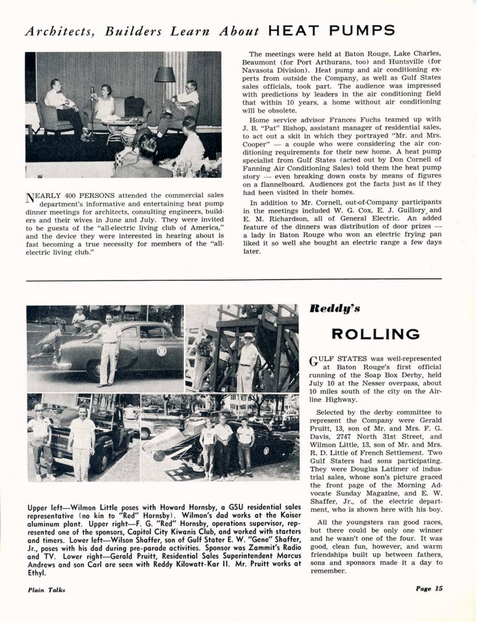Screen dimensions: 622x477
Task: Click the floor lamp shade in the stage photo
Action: [x=164, y=75]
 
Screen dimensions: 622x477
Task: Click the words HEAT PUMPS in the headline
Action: [x=331, y=31]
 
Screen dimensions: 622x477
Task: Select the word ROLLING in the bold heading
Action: [x=375, y=334]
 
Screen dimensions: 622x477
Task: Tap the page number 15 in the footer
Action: [x=439, y=588]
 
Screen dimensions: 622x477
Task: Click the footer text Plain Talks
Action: [x=47, y=589]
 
